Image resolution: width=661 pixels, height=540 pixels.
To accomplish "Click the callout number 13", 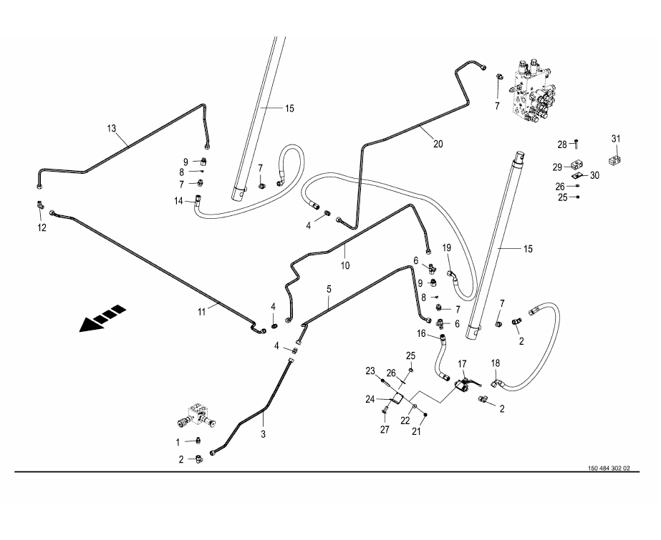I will click(x=111, y=128).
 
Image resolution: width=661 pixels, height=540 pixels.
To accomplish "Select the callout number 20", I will click(x=438, y=144).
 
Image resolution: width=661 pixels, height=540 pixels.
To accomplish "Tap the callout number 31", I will click(x=616, y=138).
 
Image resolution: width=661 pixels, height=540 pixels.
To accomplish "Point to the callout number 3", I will click(x=262, y=434).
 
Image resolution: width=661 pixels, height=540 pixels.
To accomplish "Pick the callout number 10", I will click(x=344, y=265).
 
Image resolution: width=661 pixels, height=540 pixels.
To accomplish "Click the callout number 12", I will click(x=42, y=227).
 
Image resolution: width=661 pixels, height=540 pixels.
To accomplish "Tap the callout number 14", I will click(x=178, y=201).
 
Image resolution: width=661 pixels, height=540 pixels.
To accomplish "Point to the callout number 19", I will click(x=446, y=247).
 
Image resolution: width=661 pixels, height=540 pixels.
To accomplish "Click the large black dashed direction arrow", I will click(x=102, y=318).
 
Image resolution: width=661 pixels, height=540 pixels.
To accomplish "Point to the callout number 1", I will click(x=178, y=442).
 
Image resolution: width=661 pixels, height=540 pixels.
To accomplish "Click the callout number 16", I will click(x=421, y=333).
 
